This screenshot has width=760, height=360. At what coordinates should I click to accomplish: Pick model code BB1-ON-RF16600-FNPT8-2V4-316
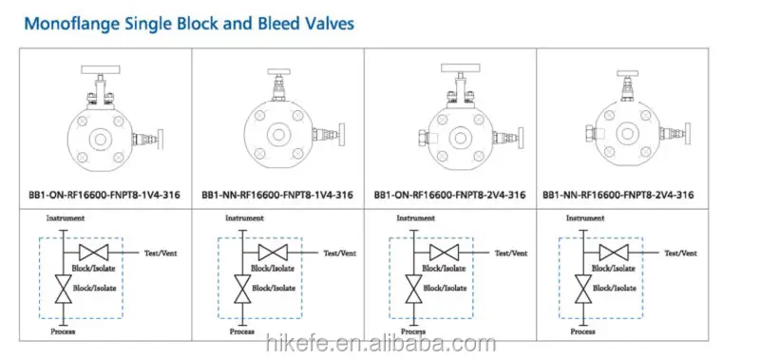coord(449,195)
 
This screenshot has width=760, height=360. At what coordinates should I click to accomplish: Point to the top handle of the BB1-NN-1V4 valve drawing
coord(277,72)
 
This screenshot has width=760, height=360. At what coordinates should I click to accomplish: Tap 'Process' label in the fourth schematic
coord(582,332)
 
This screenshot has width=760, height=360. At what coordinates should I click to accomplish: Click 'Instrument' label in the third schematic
coord(415,218)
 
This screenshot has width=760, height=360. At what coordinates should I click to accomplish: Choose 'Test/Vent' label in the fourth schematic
coord(680,253)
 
